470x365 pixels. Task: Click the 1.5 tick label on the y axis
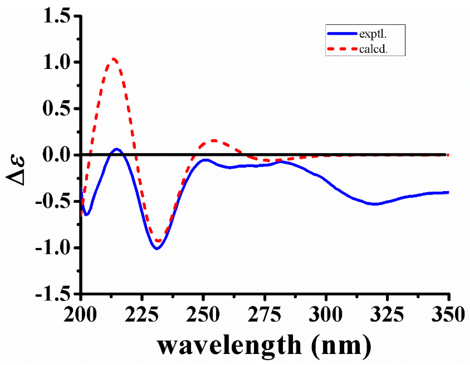tap(57, 16)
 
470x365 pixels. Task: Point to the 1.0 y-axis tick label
tap(57, 62)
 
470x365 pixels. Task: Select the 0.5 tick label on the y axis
tap(57, 109)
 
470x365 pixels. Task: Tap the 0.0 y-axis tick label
tap(57, 155)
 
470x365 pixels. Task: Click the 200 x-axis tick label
tap(80, 314)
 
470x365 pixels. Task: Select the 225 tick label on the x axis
tap(141, 314)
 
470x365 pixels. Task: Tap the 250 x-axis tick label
tap(203, 314)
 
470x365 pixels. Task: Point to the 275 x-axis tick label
tap(264, 314)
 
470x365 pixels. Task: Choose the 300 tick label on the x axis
tap(326, 314)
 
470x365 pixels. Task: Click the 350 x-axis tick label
tap(448, 314)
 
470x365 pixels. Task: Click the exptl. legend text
tap(373, 34)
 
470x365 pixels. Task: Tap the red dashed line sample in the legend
tap(342, 49)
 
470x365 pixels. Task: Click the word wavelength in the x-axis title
tap(229, 345)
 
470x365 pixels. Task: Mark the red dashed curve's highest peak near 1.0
tap(114, 59)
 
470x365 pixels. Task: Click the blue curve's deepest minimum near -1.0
tap(157, 249)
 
